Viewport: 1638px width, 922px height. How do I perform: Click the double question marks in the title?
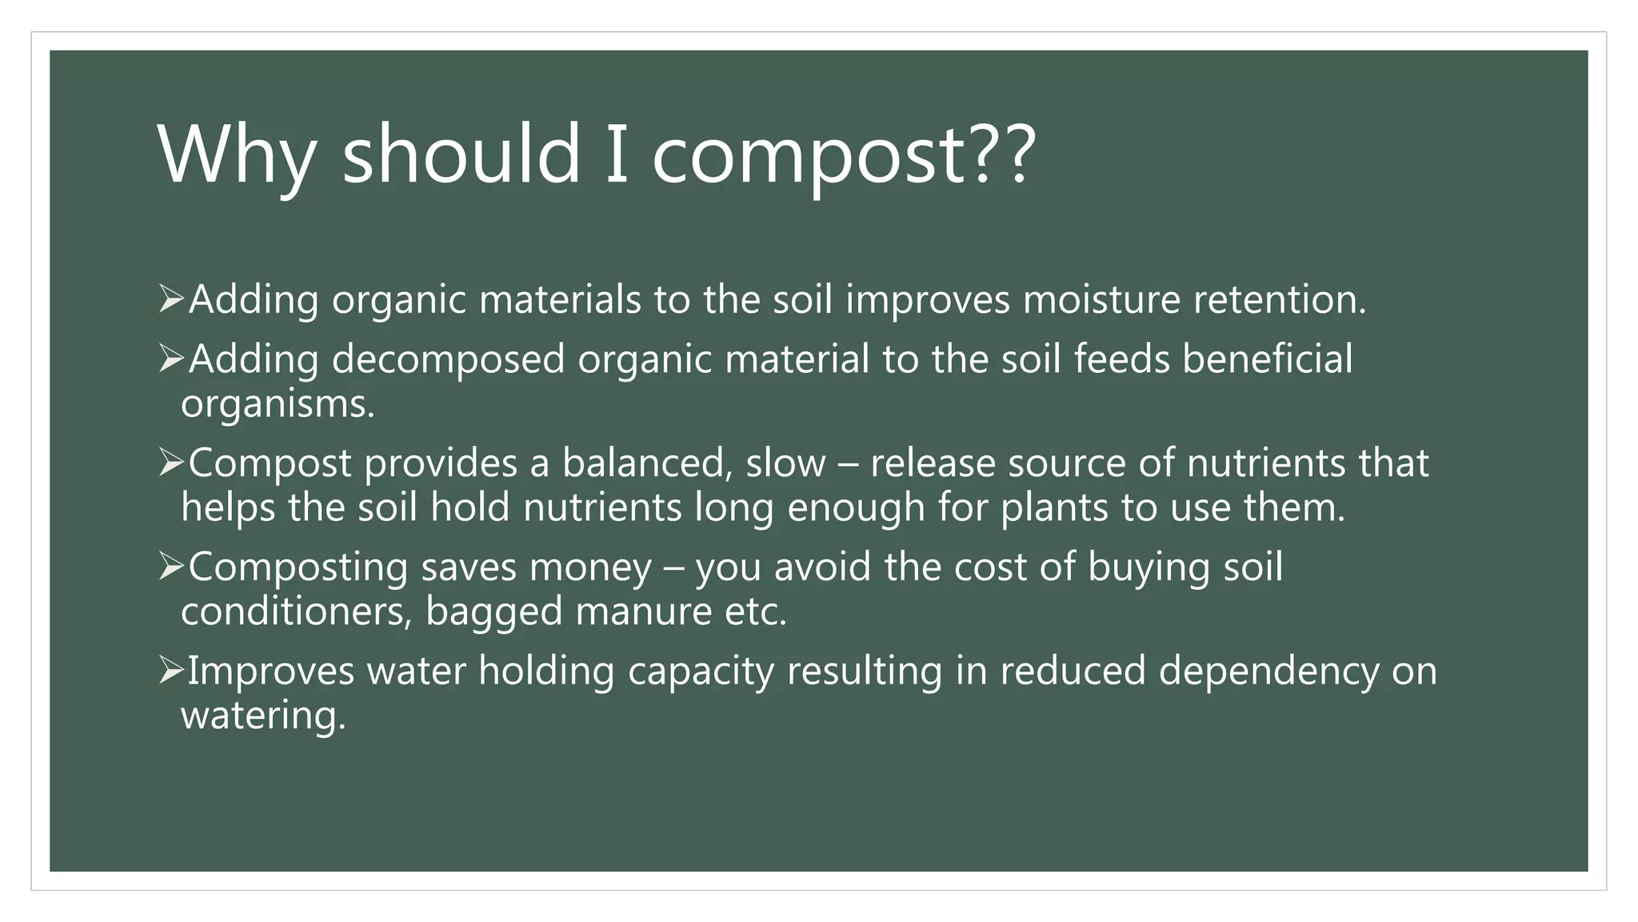[1003, 154]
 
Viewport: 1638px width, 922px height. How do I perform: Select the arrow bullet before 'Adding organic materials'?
[171, 299]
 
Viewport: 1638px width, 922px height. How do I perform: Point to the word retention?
[1279, 299]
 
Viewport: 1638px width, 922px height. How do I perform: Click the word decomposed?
[448, 359]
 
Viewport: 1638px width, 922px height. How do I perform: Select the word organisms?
[277, 404]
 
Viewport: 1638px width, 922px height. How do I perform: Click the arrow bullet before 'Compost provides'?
[171, 463]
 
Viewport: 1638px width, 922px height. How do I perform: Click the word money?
[590, 567]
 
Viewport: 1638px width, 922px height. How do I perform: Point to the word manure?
[643, 611]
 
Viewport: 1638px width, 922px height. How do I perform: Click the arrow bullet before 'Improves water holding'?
[171, 670]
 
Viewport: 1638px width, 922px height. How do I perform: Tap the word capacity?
[701, 671]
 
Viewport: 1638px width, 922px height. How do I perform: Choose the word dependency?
[1268, 671]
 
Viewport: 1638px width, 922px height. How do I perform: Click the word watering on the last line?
[263, 715]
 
